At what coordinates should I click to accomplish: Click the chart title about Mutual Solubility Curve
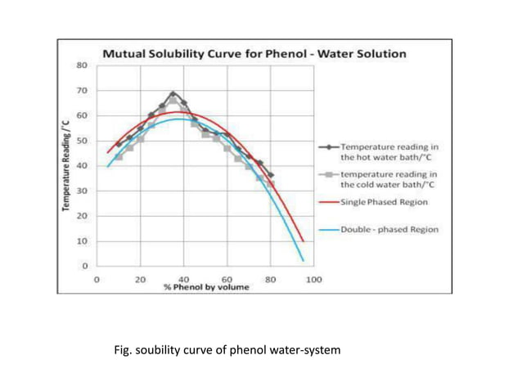254,54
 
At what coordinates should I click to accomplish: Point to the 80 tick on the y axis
83,65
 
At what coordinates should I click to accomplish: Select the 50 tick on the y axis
83,141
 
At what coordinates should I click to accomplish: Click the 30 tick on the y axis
83,191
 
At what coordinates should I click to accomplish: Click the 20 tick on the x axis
141,280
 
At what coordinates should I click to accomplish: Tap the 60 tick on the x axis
227,280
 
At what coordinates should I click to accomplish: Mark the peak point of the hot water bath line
173,93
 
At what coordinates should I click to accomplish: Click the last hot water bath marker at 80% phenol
271,175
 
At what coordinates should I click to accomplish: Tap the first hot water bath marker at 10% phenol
119,144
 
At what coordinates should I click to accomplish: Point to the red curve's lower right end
303,240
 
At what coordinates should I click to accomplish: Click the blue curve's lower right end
303,261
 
